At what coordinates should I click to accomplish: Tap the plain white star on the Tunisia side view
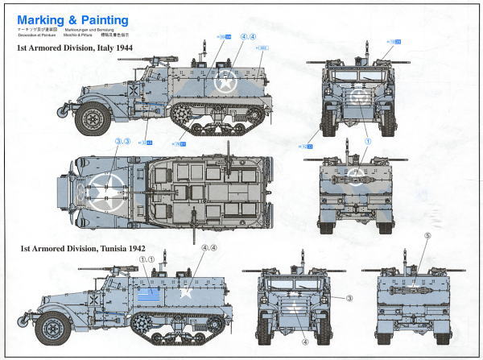click(185, 291)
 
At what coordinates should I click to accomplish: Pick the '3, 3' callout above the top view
click(123, 142)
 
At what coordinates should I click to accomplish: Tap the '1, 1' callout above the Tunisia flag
click(147, 260)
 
